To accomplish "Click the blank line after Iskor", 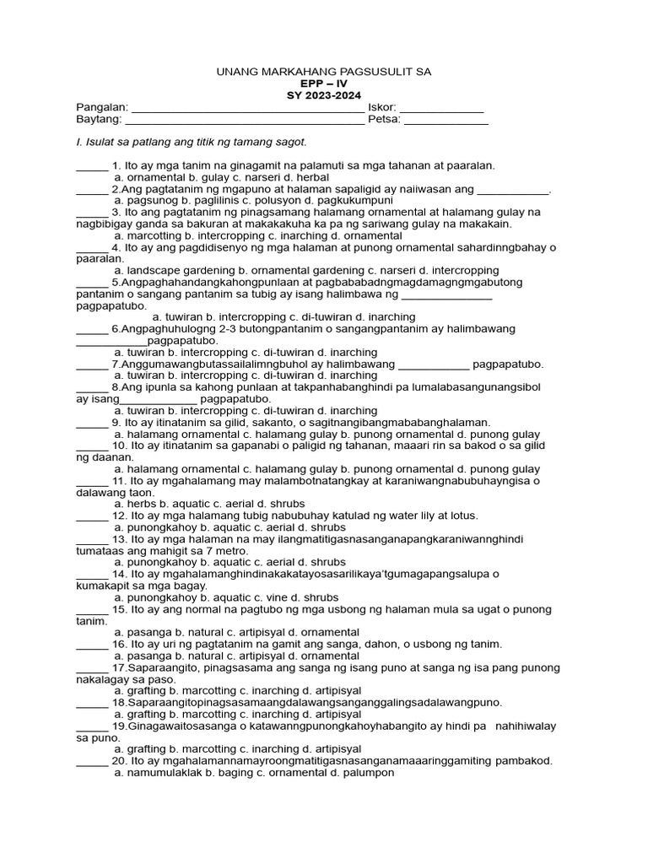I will click(441, 110).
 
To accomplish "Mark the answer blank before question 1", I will click(92, 167).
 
